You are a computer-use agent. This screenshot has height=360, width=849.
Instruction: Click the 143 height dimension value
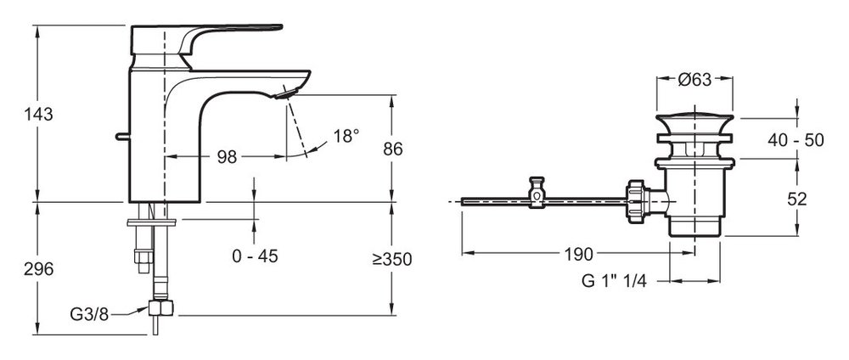38,115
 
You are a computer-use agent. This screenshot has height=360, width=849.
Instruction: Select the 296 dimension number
38,269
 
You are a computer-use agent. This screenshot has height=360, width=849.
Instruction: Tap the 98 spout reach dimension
227,157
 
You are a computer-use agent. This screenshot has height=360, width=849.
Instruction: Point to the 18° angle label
346,136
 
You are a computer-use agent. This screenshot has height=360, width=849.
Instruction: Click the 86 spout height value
392,149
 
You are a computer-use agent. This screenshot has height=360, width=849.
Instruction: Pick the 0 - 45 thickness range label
255,256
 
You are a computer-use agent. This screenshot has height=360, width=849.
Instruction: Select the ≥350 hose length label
392,259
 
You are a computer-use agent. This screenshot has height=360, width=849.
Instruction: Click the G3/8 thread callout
89,314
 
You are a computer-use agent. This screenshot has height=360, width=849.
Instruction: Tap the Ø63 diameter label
694,80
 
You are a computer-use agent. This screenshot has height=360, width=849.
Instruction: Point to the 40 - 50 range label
796,140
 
